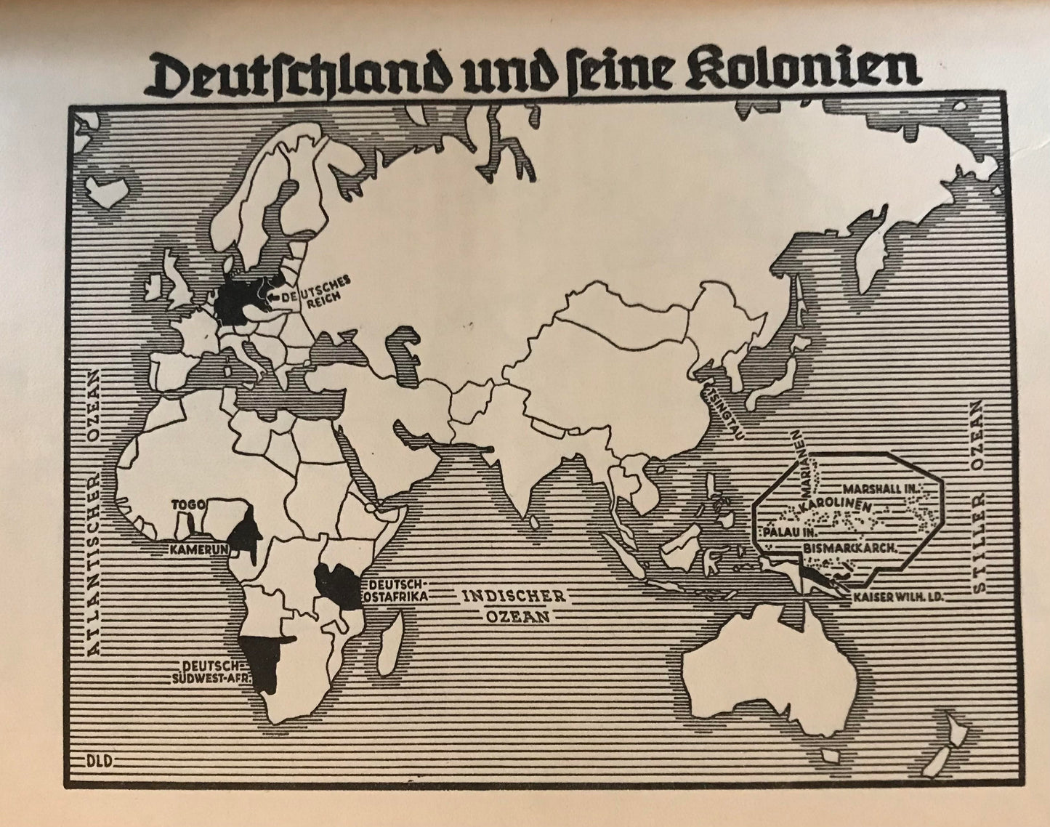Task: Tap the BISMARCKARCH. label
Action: pyautogui.click(x=852, y=547)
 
